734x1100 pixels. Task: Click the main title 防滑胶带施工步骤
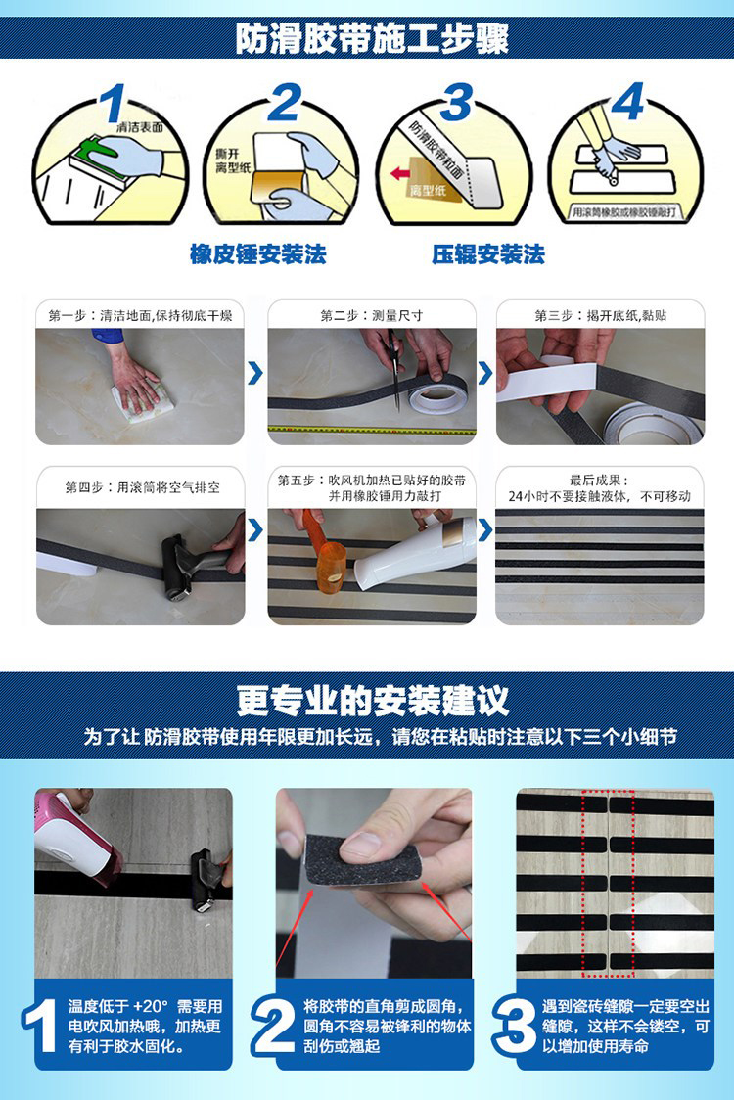point(371,38)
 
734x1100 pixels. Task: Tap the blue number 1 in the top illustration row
point(114,104)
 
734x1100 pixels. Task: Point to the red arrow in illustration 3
point(400,174)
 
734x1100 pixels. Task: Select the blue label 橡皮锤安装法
point(257,255)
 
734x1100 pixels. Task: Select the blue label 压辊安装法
point(487,255)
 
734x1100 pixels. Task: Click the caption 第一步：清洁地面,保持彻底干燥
point(140,316)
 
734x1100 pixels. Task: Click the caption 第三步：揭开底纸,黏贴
point(600,316)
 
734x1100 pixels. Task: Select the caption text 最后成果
point(599,481)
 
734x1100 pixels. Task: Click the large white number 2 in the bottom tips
point(273,1025)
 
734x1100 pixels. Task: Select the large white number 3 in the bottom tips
point(514,1025)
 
